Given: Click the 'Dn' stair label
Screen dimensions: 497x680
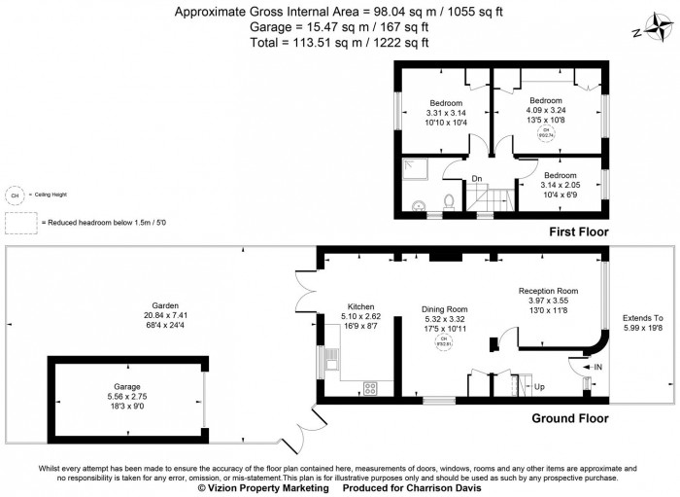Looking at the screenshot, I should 477,178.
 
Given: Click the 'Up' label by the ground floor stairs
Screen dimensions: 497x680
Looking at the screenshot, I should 539,385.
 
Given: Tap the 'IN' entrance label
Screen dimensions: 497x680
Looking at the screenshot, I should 598,367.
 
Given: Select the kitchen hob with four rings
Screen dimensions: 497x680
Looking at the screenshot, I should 371,386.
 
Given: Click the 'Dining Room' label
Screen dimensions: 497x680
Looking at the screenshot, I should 444,308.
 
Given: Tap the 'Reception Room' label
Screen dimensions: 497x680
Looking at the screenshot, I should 548,291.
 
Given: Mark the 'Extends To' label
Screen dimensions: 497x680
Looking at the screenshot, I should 642,318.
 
